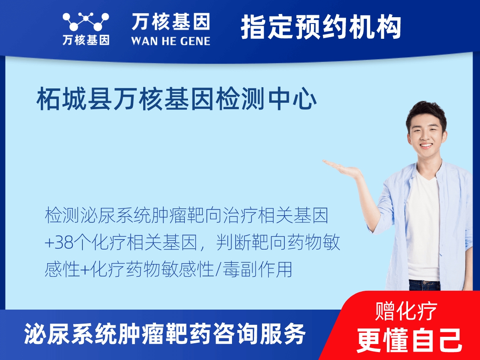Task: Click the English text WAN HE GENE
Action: click(x=170, y=41)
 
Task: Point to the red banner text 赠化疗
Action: click(x=406, y=311)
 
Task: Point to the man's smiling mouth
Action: click(x=426, y=146)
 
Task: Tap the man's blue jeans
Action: click(x=424, y=285)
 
